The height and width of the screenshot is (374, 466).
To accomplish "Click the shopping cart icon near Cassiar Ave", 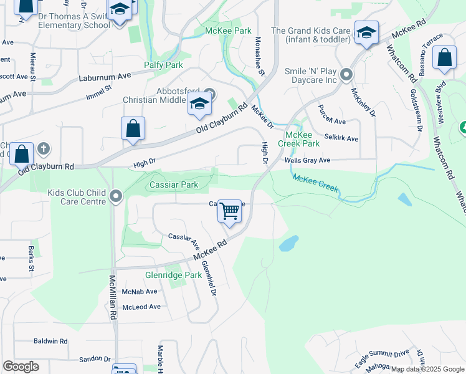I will (x=230, y=211).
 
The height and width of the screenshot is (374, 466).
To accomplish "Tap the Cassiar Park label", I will (x=174, y=185).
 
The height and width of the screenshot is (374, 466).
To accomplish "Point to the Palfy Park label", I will (x=163, y=65).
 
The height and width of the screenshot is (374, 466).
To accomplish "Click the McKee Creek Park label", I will (x=302, y=139).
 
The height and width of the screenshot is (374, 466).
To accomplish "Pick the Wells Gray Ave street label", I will (x=307, y=160).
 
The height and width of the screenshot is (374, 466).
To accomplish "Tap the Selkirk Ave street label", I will (x=341, y=138).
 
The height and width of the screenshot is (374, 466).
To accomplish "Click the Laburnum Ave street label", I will (x=105, y=77).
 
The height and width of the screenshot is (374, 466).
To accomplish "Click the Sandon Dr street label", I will (x=95, y=360).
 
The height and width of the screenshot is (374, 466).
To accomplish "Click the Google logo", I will (x=21, y=367).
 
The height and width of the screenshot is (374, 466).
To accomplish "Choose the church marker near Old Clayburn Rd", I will (x=43, y=148).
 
